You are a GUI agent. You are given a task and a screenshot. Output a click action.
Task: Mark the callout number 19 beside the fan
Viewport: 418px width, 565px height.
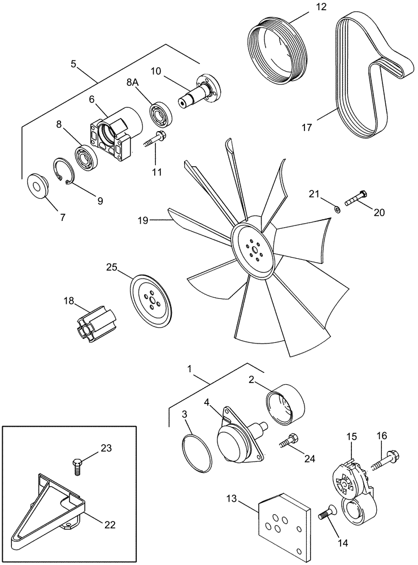click(x=141, y=220)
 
